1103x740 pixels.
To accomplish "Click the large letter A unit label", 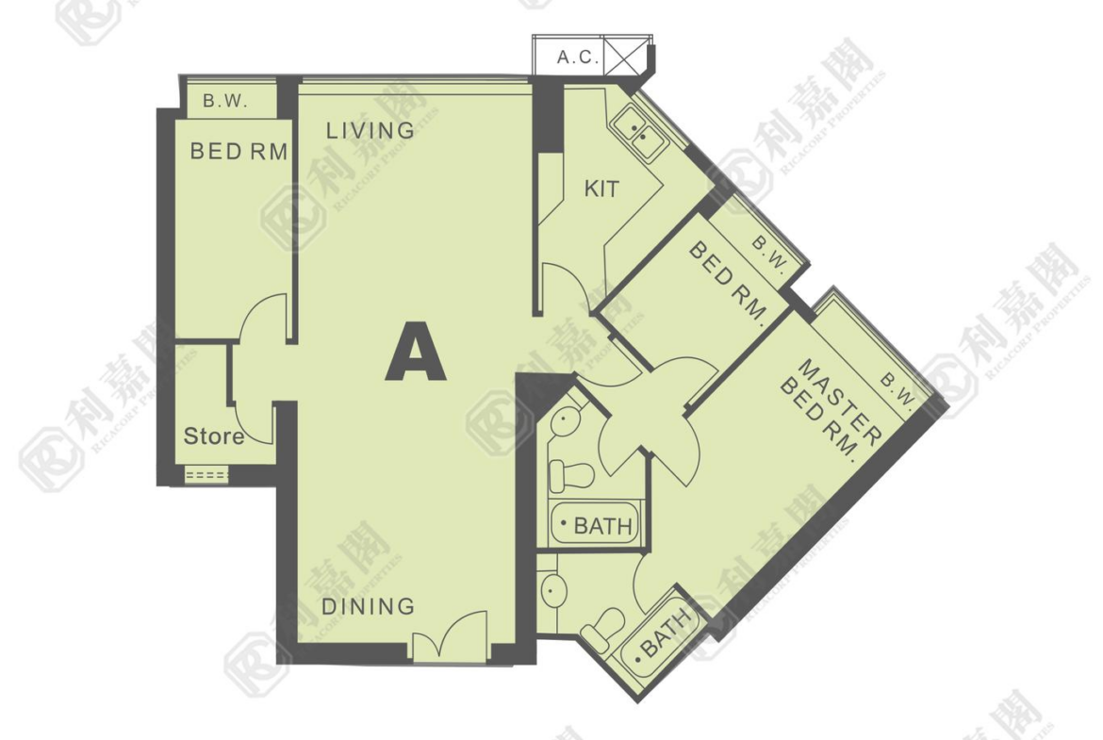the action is click(x=416, y=351).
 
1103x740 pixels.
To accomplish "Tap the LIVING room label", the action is click(x=370, y=130).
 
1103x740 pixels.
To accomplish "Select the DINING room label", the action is click(x=368, y=606).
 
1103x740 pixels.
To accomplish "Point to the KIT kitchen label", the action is click(x=602, y=189).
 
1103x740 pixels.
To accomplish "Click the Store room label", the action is click(x=214, y=436).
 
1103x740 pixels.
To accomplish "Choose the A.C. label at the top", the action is click(x=578, y=57).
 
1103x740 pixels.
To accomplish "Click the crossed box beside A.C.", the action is click(x=625, y=55).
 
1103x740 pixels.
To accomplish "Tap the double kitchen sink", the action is click(x=639, y=133).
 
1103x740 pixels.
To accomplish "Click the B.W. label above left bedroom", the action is click(x=226, y=101).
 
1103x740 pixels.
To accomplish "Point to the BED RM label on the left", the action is click(x=239, y=151).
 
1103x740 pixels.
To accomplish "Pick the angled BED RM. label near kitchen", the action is click(x=728, y=281).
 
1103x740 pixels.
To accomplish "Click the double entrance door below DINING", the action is click(x=450, y=636).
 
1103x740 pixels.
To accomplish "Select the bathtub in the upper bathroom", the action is click(x=595, y=523).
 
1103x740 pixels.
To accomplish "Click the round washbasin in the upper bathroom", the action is click(x=565, y=422).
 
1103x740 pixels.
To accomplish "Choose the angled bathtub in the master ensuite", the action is click(x=659, y=636).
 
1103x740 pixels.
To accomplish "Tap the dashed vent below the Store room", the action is click(x=206, y=475).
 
